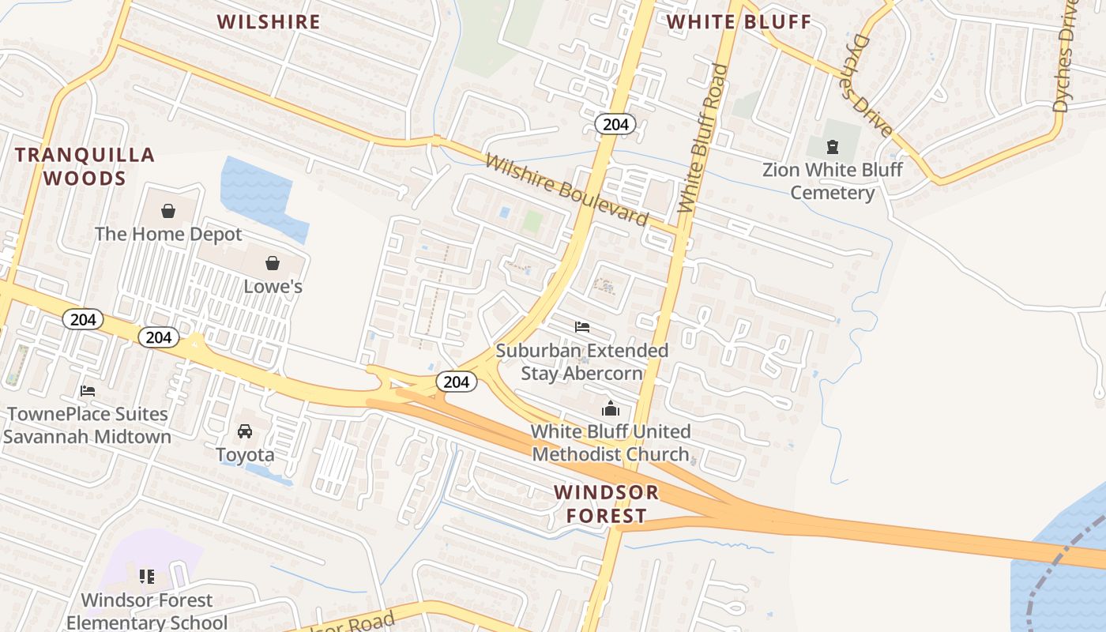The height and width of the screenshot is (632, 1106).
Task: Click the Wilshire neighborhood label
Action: [x=269, y=22]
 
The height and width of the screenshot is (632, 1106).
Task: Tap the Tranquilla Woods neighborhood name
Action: [x=85, y=166]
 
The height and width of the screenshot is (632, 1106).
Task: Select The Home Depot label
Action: [x=168, y=235]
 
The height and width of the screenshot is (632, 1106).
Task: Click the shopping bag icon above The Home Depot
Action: [x=167, y=211]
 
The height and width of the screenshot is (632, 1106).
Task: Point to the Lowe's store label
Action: [x=273, y=286]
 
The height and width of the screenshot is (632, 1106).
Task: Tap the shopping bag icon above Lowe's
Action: [x=273, y=263]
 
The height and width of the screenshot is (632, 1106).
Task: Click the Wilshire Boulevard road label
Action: [x=566, y=190]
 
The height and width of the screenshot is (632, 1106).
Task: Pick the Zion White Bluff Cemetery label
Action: [x=832, y=181]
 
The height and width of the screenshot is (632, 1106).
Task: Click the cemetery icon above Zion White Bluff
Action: [x=832, y=147]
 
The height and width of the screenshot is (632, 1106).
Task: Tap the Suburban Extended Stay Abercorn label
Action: [x=582, y=361]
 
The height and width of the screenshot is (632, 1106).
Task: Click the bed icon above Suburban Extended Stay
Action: [x=582, y=327]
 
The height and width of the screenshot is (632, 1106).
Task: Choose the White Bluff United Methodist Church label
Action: [x=611, y=442]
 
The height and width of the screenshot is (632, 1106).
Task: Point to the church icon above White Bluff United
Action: [x=611, y=409]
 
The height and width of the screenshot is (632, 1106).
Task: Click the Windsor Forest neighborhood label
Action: [x=606, y=504]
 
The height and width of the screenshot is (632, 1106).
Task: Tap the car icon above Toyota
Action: [x=245, y=431]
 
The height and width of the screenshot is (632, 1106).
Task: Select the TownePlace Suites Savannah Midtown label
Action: [x=87, y=425]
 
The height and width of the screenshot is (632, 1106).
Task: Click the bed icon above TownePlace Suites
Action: [x=88, y=391]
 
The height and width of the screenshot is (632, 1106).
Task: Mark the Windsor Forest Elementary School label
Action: [x=147, y=611]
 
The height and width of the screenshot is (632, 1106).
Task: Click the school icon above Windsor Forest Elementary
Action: [x=147, y=577]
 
